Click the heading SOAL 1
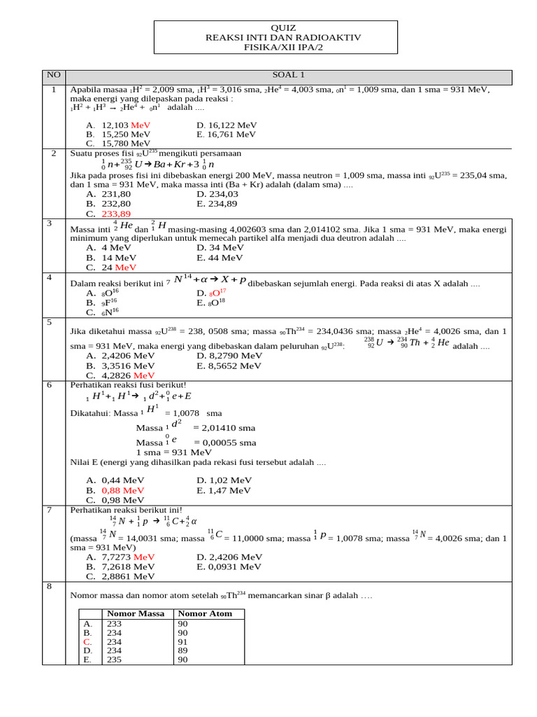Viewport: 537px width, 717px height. click(289, 76)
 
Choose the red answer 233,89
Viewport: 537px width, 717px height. click(116, 214)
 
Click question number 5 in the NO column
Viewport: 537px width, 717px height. click(50, 323)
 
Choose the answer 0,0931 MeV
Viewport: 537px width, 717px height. click(229, 566)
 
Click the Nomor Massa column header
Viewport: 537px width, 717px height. click(135, 613)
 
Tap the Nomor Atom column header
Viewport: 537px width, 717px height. click(204, 613)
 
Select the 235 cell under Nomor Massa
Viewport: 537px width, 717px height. click(113, 660)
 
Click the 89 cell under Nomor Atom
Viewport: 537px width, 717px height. click(183, 650)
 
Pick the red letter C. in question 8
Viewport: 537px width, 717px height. click(87, 641)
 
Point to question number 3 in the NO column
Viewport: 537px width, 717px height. click(50, 223)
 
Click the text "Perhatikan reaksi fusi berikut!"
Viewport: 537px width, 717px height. click(128, 385)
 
